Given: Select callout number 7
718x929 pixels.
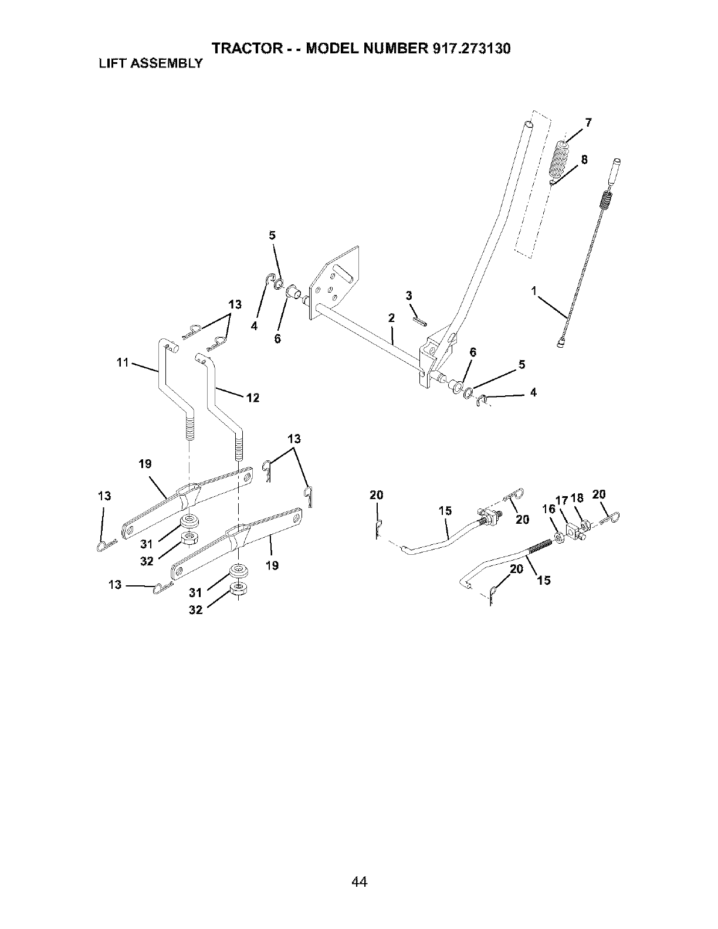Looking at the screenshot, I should [x=588, y=123].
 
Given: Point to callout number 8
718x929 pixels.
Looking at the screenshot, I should [x=584, y=160].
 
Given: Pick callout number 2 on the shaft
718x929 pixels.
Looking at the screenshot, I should [x=390, y=318].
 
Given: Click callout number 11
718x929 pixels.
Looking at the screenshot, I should [x=123, y=362].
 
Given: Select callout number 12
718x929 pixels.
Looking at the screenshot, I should [x=253, y=398].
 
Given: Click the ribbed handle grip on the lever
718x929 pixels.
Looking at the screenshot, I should [x=564, y=163].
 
